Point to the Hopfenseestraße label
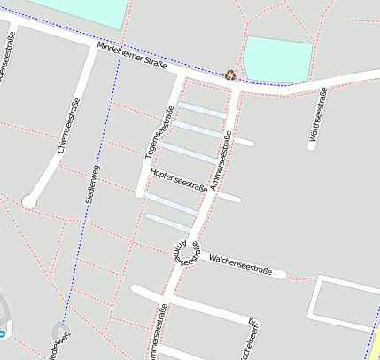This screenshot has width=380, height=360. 179,180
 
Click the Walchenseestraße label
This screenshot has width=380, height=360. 240,263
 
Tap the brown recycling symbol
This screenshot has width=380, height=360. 230,75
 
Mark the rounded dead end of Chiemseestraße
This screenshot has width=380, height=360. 29,202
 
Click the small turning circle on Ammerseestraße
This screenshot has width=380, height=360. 186,252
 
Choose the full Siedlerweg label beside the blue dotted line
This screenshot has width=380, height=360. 92,185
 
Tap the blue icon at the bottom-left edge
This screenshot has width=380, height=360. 3,333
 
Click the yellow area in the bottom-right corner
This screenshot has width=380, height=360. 376,342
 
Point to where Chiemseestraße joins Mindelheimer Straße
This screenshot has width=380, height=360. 94,50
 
